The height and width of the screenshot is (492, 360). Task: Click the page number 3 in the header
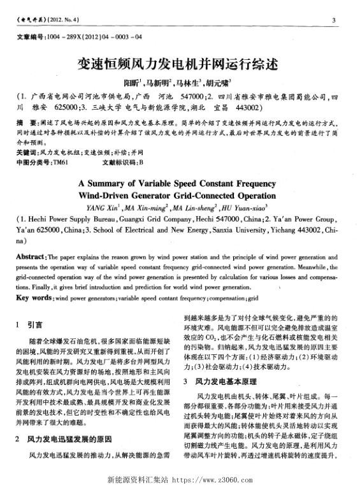pyautogui.click(x=335, y=21)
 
